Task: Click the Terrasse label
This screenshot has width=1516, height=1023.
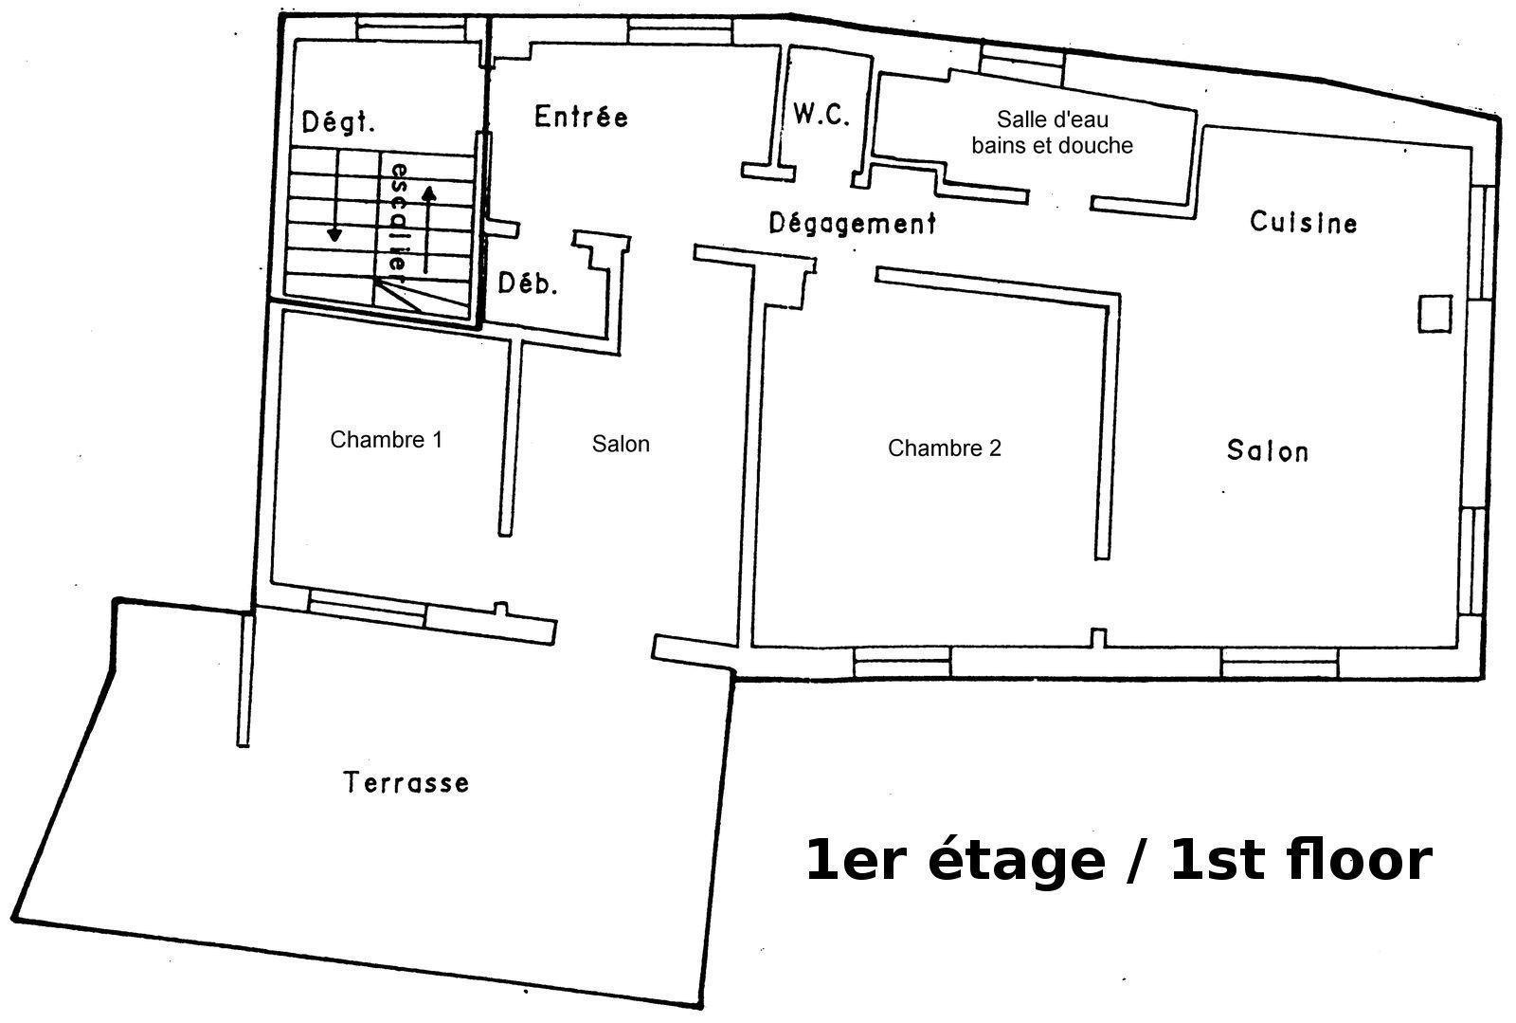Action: click(x=406, y=782)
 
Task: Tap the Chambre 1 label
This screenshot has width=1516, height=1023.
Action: click(x=386, y=439)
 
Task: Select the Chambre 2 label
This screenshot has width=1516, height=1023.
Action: click(x=944, y=448)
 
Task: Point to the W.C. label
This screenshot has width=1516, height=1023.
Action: click(x=821, y=115)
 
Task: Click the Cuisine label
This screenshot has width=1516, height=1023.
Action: click(x=1304, y=222)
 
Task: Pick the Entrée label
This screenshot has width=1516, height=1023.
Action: click(x=582, y=117)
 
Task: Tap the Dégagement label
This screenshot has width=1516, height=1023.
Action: click(x=853, y=223)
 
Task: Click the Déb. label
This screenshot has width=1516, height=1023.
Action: click(x=528, y=283)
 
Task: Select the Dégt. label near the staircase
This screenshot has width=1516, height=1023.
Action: click(x=337, y=122)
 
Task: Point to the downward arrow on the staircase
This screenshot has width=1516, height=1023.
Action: click(x=334, y=196)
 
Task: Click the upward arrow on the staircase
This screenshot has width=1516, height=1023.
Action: click(x=428, y=230)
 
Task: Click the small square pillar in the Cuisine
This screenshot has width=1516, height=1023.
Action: click(x=1435, y=314)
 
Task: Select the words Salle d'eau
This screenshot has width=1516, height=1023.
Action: click(x=1053, y=119)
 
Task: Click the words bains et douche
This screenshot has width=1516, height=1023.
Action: click(x=1053, y=146)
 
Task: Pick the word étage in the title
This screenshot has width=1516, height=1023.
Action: click(x=1016, y=861)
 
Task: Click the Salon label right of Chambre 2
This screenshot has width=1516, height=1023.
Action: click(x=1268, y=451)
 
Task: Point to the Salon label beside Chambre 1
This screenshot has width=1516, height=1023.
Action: click(x=621, y=444)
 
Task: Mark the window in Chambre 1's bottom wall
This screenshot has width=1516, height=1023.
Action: click(x=367, y=608)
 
